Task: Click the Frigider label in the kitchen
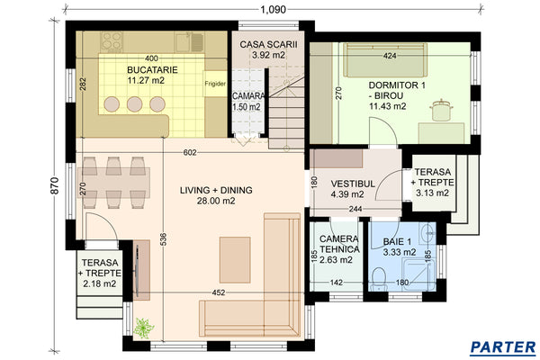click(x=215, y=83)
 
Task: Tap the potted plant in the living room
click(x=141, y=327)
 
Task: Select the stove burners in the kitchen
click(x=112, y=41)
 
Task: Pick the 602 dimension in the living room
click(x=190, y=151)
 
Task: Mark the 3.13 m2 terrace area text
click(x=434, y=191)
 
